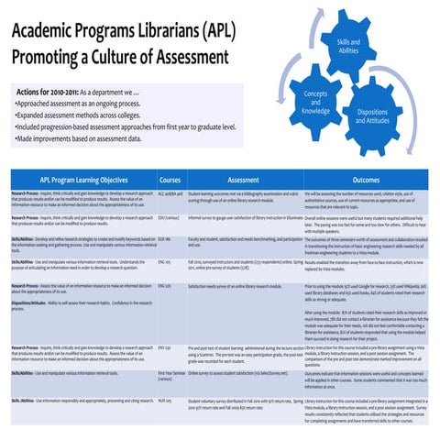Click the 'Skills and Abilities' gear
tap(348, 47)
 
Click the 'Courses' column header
tap(170, 181)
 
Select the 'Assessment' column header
tap(243, 181)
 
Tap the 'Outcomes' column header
tap(366, 181)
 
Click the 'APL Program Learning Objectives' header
tap(83, 181)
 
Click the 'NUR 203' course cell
tap(165, 401)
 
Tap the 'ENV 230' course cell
tap(164, 349)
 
